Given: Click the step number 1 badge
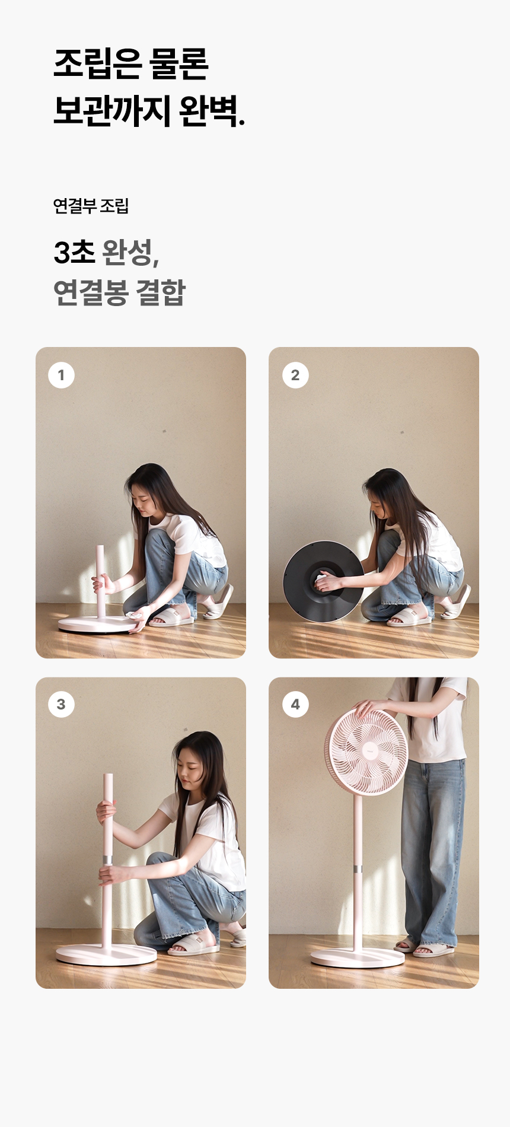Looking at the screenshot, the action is click(61, 375).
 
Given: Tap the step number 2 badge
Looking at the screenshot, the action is click(295, 375).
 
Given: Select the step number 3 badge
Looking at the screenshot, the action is click(61, 704).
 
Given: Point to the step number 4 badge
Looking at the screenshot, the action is click(295, 704).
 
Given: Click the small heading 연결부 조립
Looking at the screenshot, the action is click(91, 206).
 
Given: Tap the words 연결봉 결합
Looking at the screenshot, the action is click(119, 292).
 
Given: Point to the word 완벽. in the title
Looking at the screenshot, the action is click(211, 111).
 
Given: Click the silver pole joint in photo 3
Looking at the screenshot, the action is click(107, 860).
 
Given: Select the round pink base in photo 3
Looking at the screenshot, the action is click(107, 954).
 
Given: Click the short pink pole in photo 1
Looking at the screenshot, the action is click(101, 581).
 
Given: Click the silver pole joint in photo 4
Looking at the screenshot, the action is click(358, 870).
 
